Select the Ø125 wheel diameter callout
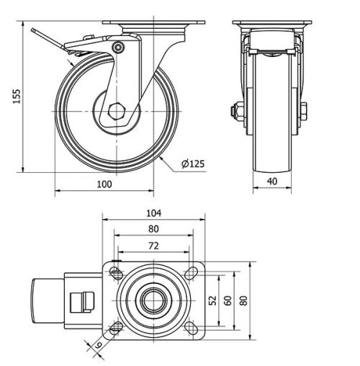point(192,164)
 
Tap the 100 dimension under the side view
point(104,184)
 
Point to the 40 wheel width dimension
point(272,182)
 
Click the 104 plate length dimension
point(153,213)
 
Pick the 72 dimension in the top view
point(153,246)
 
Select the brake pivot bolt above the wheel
point(118,48)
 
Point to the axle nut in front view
point(235,111)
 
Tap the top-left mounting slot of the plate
point(115,272)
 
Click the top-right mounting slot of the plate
point(192,272)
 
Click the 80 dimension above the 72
point(153,229)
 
